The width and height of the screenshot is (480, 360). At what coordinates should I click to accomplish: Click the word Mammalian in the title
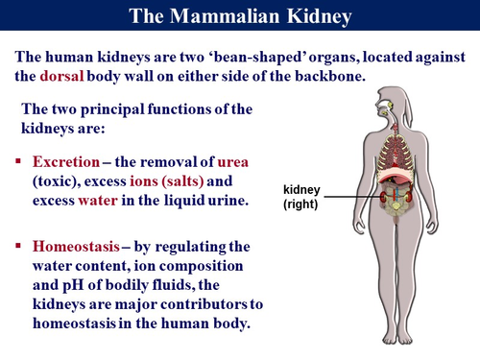(x=229, y=16)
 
